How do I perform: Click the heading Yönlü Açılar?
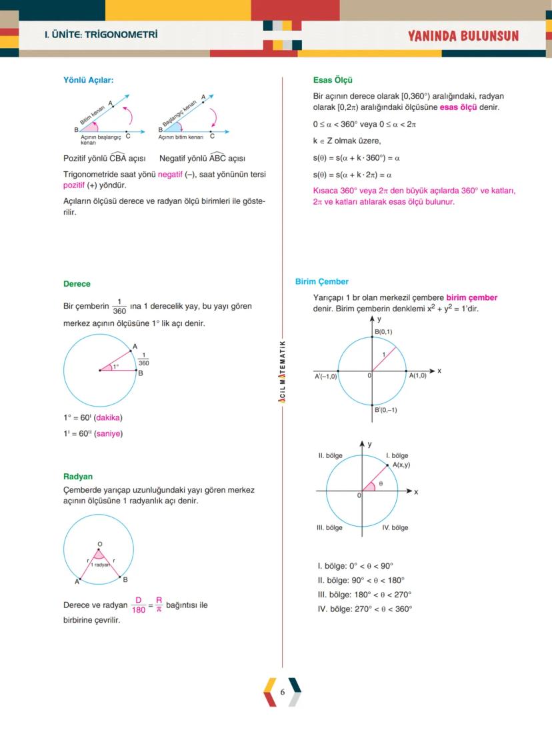(x=88, y=80)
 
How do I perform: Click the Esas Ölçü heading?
(x=333, y=80)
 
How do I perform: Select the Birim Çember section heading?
(x=321, y=282)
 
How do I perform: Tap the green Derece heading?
(x=77, y=284)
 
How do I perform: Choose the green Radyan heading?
(x=78, y=477)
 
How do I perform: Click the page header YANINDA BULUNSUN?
(x=463, y=36)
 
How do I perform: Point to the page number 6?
(x=283, y=692)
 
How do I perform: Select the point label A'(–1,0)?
(x=326, y=377)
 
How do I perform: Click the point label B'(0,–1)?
(x=385, y=410)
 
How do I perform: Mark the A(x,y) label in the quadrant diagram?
(x=401, y=465)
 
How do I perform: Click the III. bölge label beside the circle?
(x=329, y=527)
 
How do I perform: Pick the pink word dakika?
(x=109, y=418)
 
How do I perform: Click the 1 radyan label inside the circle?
(x=101, y=565)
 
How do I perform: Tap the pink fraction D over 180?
(x=139, y=605)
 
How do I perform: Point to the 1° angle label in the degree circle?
(x=115, y=366)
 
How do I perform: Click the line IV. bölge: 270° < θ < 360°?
(x=365, y=609)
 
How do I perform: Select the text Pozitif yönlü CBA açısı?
(x=104, y=159)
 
